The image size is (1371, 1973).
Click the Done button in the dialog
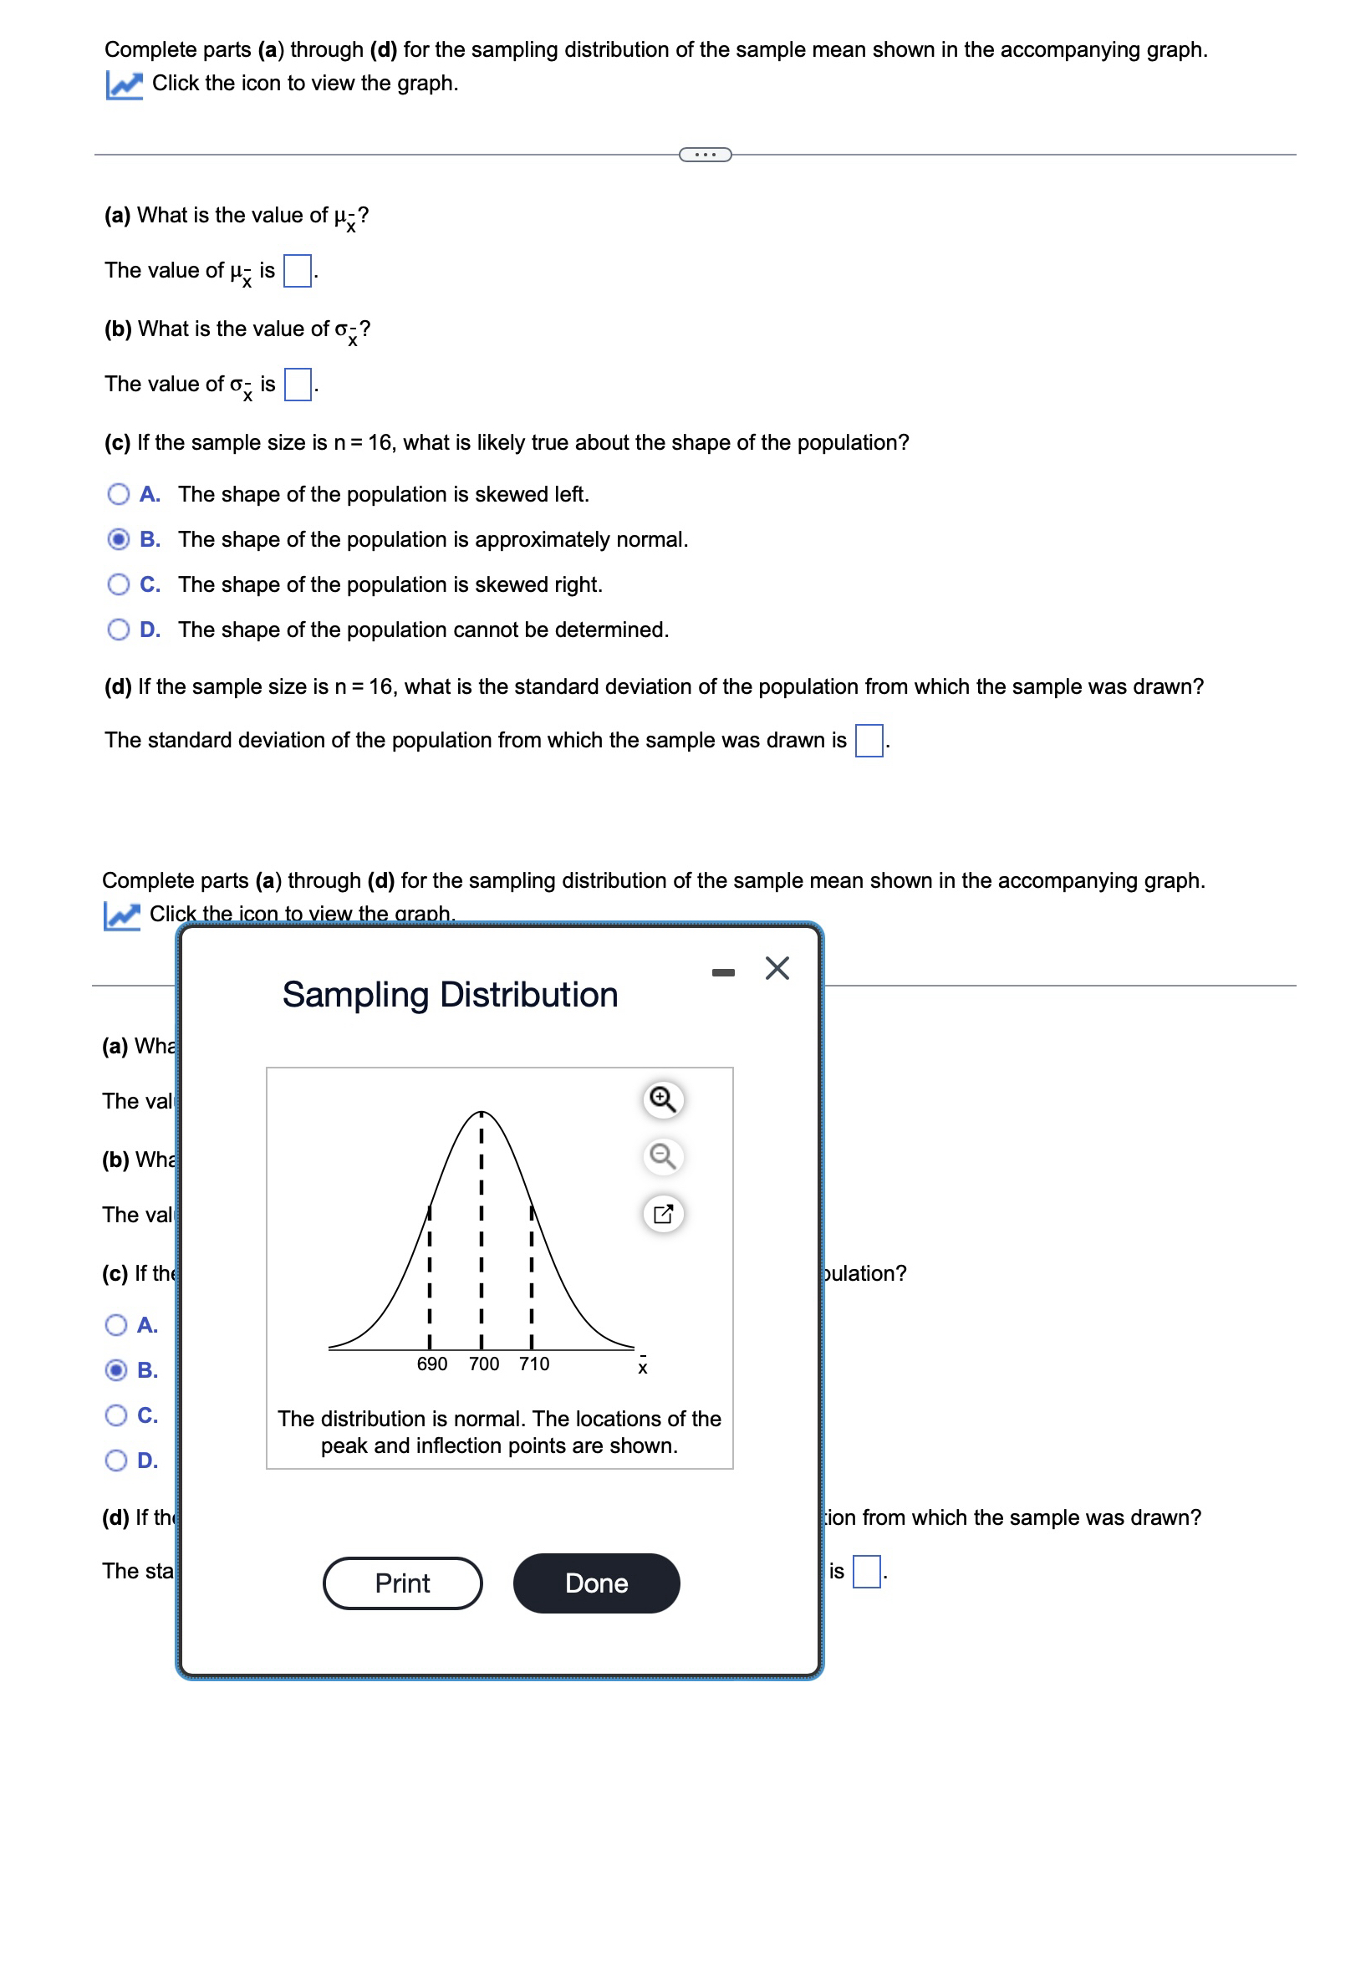(x=596, y=1583)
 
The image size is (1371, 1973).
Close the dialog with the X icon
(x=777, y=968)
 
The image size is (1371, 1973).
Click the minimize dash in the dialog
(x=722, y=971)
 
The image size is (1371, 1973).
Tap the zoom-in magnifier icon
(x=662, y=1099)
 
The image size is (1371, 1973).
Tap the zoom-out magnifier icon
(x=662, y=1156)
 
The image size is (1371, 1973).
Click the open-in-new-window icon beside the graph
(x=662, y=1213)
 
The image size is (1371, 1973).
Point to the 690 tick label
(x=431, y=1364)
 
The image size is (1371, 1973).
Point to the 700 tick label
(x=484, y=1364)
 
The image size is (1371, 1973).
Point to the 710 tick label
(x=533, y=1364)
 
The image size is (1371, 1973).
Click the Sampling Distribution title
(x=449, y=994)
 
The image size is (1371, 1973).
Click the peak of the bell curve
(x=481, y=1113)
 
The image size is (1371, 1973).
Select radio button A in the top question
(x=119, y=494)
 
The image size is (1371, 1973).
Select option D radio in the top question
(x=119, y=630)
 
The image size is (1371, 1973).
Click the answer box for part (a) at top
(x=298, y=271)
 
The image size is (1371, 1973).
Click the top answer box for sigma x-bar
(x=298, y=384)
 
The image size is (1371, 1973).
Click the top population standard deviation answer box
(x=869, y=740)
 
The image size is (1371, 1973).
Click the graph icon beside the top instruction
(x=124, y=84)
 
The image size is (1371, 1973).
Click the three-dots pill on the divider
(x=705, y=155)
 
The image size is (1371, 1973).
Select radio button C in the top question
(x=119, y=584)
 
